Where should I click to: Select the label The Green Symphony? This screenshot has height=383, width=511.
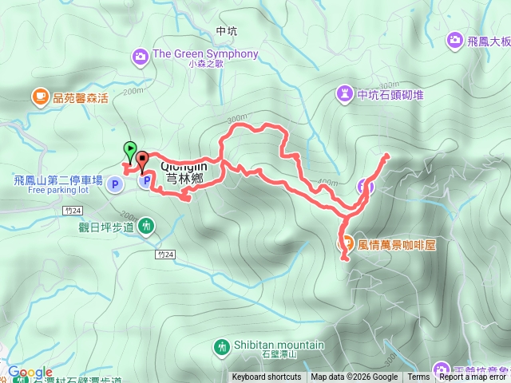[x=205, y=54]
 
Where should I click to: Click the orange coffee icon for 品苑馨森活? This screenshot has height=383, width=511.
[x=39, y=97]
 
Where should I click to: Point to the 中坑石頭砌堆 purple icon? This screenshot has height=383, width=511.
[x=345, y=94]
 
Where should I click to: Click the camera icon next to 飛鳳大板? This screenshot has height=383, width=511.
[x=454, y=39]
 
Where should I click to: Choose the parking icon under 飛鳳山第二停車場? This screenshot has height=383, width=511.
[x=115, y=185]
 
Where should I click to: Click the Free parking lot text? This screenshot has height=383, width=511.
[x=57, y=190]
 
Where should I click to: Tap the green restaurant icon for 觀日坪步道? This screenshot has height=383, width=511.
[x=145, y=227]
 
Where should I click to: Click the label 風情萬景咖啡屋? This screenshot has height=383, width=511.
[x=397, y=245]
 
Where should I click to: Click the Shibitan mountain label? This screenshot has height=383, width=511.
[x=279, y=345]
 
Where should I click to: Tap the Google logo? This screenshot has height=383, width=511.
[x=30, y=372]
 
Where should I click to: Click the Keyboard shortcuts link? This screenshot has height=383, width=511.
[x=267, y=377]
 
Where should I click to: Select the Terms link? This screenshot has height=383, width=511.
[x=418, y=377]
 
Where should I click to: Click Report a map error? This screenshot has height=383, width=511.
[x=473, y=377]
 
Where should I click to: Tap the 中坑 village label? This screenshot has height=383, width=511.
[x=227, y=31]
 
